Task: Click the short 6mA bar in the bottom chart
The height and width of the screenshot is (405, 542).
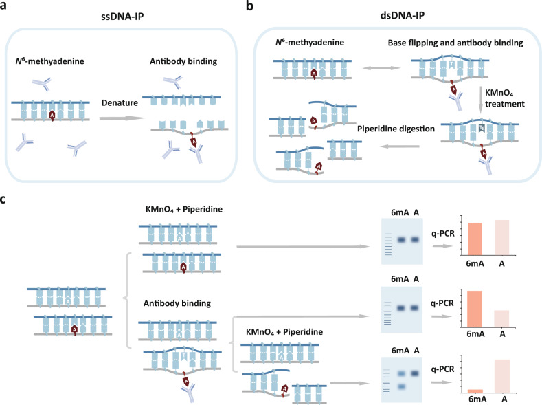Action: [473, 391]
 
